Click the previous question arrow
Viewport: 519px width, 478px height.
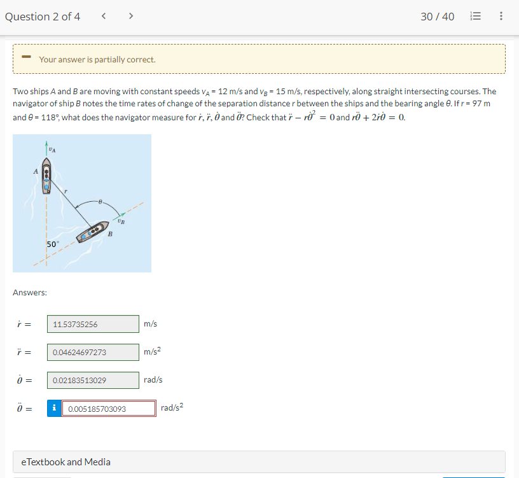point(103,17)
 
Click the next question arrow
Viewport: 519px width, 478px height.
point(130,17)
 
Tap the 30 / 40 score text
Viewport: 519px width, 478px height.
point(437,17)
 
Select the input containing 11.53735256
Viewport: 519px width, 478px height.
point(93,324)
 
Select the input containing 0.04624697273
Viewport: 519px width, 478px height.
point(93,352)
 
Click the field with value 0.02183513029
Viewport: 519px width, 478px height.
point(93,380)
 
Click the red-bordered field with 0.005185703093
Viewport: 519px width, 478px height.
point(109,408)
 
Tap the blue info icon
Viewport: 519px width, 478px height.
point(54,408)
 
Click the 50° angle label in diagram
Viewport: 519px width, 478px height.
point(52,244)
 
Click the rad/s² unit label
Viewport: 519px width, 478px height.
point(172,407)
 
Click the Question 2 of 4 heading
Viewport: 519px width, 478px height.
point(43,17)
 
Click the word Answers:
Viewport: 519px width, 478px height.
point(29,292)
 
